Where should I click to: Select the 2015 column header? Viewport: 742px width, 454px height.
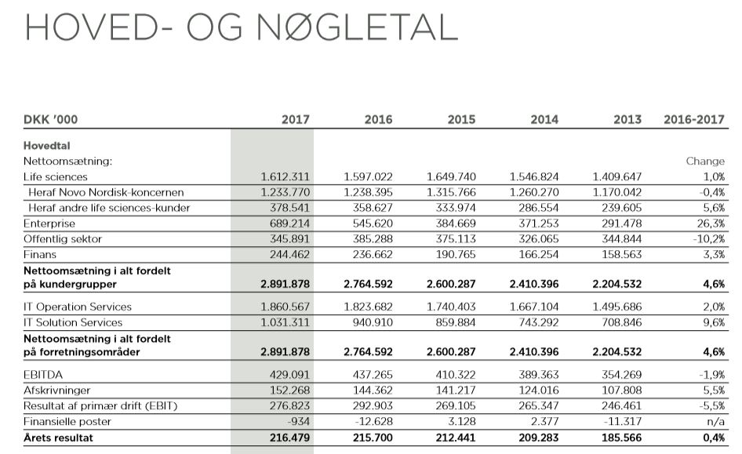tap(461, 120)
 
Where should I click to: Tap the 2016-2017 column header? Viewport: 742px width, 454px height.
tap(693, 120)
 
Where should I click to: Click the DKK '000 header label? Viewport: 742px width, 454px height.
tap(50, 120)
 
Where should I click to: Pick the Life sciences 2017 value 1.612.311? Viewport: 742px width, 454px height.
tap(285, 177)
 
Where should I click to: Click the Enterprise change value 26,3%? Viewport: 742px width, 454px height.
tap(708, 223)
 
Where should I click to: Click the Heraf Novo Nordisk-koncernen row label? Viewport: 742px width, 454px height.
tap(106, 192)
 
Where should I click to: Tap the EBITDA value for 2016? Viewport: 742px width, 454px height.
tap(368, 375)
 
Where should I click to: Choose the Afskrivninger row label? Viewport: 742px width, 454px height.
tap(56, 390)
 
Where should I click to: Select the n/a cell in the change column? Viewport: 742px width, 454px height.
tap(715, 422)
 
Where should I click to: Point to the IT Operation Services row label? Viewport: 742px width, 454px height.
tap(77, 307)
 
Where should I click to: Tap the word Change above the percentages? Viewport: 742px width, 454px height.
tap(705, 162)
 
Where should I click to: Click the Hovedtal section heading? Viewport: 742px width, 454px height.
tap(47, 146)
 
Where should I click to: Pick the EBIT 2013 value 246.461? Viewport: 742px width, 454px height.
tap(617, 406)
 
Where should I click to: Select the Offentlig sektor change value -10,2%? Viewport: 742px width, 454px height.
tap(707, 239)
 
